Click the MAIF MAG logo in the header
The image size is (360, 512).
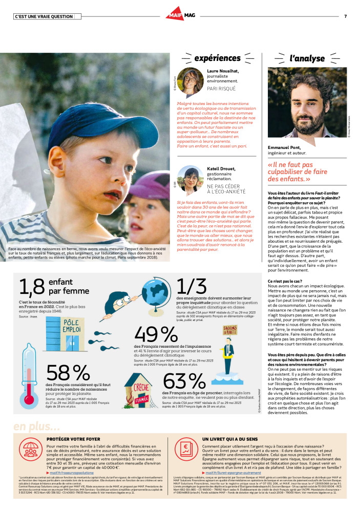point(180,16)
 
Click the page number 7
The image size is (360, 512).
point(345,16)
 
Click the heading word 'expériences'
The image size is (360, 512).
point(217,58)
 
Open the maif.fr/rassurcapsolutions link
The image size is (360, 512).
point(74,473)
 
